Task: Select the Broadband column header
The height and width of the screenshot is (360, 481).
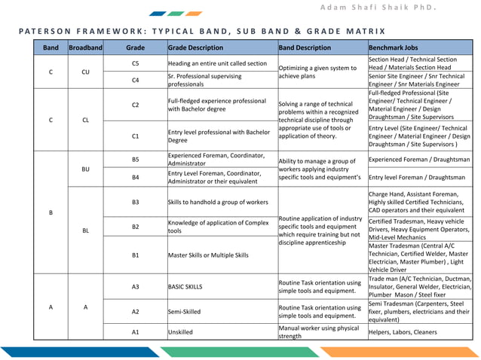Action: click(84, 47)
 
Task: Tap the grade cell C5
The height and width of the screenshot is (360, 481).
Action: click(135, 63)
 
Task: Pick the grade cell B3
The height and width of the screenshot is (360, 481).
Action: click(135, 202)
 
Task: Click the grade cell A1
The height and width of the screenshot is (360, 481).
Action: click(135, 331)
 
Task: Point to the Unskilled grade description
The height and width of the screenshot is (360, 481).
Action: click(181, 331)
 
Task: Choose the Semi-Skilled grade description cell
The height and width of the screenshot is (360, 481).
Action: click(185, 310)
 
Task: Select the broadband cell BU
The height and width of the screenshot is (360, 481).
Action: click(84, 169)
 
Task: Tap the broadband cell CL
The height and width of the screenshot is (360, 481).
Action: click(84, 119)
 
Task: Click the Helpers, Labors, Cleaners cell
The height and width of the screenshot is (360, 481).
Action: click(403, 331)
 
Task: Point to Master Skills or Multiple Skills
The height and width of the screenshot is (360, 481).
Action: click(207, 255)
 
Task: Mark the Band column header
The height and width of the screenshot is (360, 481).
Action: click(51, 47)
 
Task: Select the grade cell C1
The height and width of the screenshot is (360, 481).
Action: click(135, 136)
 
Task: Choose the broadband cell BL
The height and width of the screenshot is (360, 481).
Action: click(84, 230)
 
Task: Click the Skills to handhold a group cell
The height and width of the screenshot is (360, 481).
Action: click(218, 202)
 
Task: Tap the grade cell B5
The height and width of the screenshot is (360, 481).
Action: click(135, 160)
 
